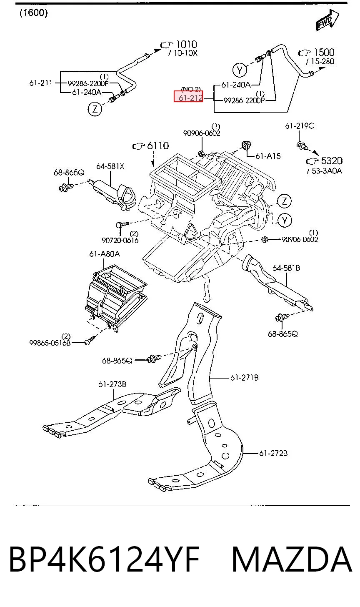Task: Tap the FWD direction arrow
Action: pos(327,20)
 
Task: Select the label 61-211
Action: pos(41,83)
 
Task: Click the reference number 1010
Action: pos(186,44)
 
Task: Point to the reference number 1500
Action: pos(324,52)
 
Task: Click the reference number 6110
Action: pos(158,146)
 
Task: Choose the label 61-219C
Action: pos(300,126)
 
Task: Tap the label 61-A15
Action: pos(268,156)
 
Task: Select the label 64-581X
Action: pos(110,166)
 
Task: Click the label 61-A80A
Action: pos(105,254)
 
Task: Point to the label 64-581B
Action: pos(286,268)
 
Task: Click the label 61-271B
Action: pos(245,377)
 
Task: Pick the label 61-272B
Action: pos(273,453)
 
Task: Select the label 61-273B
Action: pos(112,384)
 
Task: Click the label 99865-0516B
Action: pos(50,343)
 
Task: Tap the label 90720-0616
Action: pos(120,240)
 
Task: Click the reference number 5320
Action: pos(332,161)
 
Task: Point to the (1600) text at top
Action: pos(34,13)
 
